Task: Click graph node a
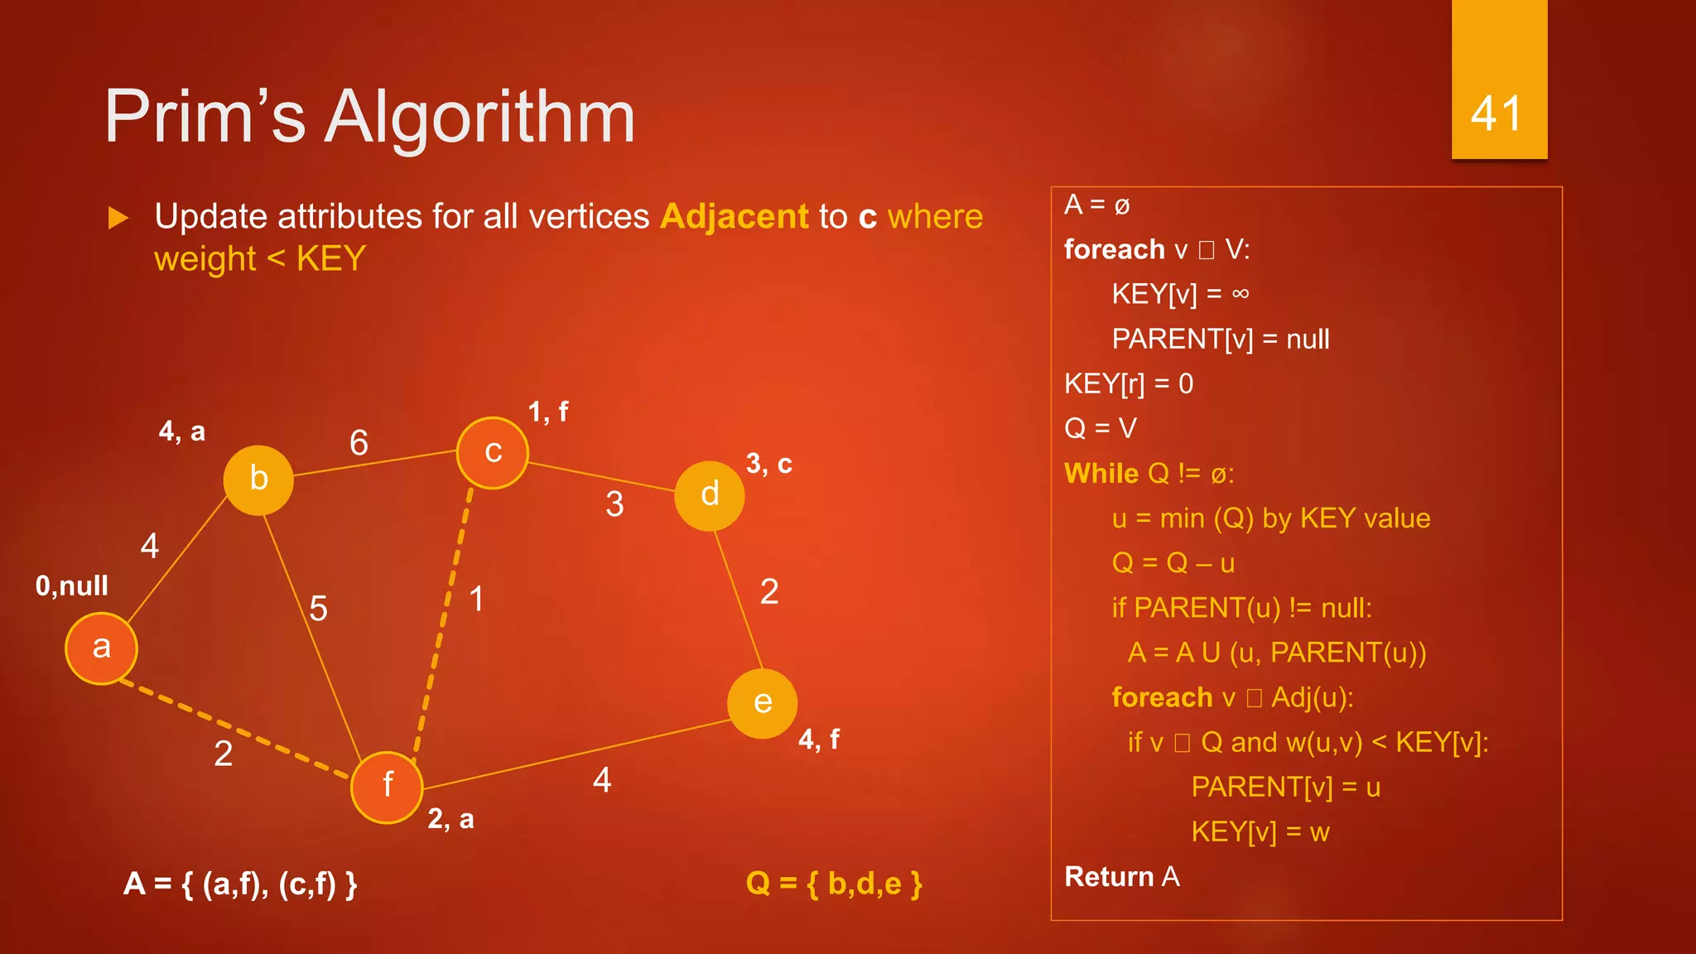click(x=101, y=648)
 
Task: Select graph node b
click(x=258, y=479)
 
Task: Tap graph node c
click(x=493, y=452)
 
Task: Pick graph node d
click(x=710, y=495)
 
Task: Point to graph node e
click(x=762, y=703)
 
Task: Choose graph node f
click(x=387, y=786)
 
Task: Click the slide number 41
click(x=1496, y=113)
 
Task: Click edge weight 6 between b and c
click(x=359, y=443)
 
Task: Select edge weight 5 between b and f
click(x=318, y=609)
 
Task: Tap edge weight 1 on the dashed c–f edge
click(x=477, y=599)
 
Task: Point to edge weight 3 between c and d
click(x=614, y=504)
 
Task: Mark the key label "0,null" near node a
click(x=72, y=586)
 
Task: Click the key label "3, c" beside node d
click(x=768, y=464)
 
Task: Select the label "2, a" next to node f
click(x=450, y=819)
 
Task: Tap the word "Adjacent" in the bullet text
click(x=734, y=217)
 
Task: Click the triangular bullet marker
click(x=119, y=219)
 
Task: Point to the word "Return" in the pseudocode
click(x=1109, y=877)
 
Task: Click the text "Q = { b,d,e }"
click(x=834, y=884)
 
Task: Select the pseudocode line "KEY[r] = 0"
click(x=1129, y=384)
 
